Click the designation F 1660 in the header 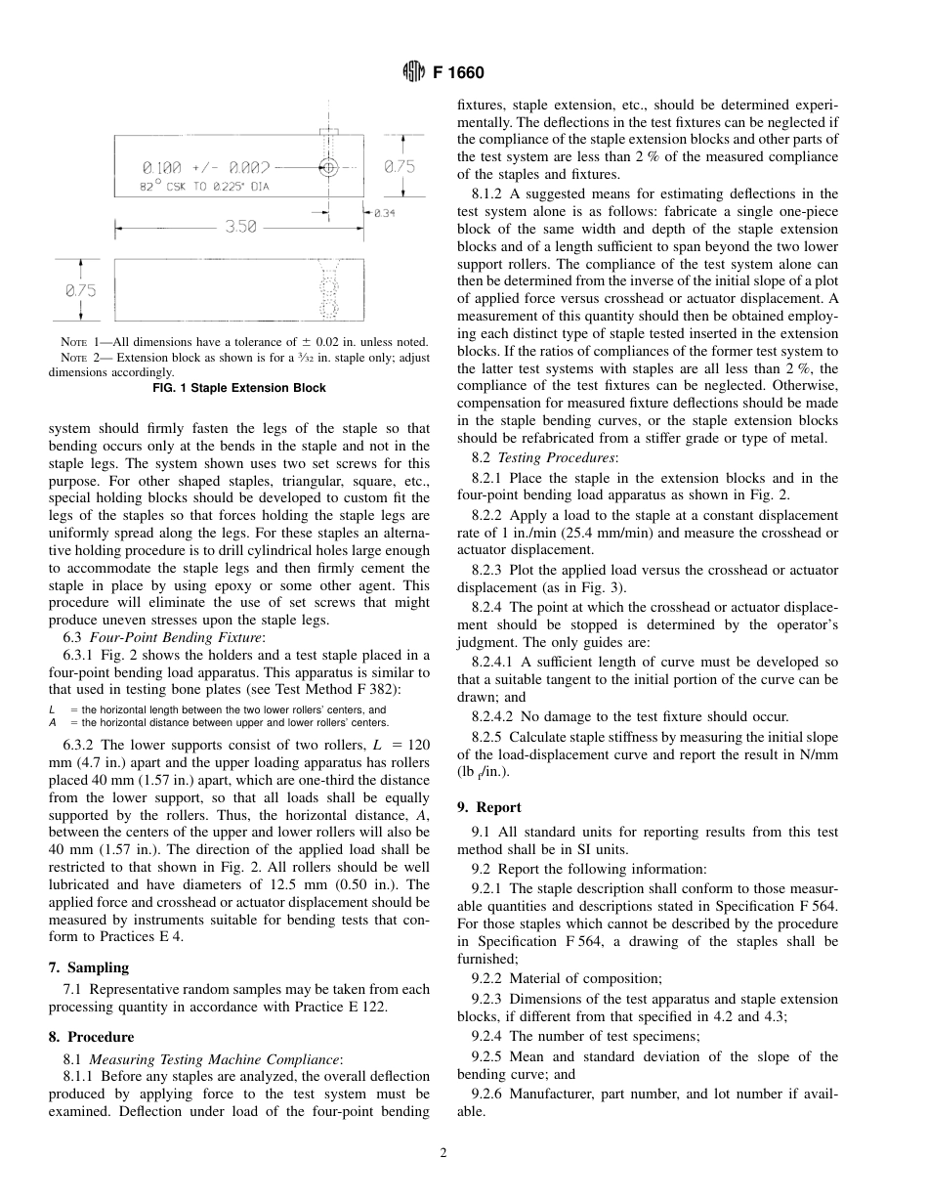click(458, 72)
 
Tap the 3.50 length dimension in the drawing click(240, 227)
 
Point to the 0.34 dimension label click(383, 211)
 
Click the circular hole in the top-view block click(329, 167)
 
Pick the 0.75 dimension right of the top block click(399, 167)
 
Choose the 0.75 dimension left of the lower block click(81, 290)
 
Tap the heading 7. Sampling click(89, 967)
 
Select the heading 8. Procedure click(92, 1037)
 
